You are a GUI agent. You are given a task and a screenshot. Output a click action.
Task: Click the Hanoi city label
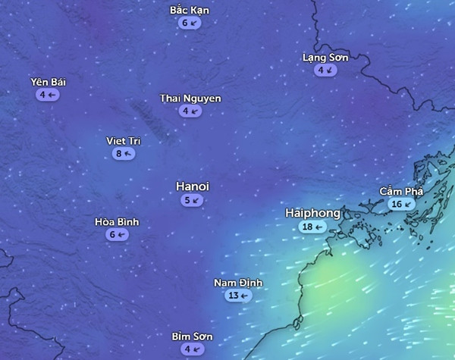[193, 186]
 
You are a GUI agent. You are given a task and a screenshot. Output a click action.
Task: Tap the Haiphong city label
[312, 213]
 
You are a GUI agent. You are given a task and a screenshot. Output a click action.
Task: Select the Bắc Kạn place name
[190, 11]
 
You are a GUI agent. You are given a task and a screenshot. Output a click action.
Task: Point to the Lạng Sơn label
[325, 58]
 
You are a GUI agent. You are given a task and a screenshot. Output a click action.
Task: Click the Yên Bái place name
[48, 82]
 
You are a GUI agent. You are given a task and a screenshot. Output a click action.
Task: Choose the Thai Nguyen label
[190, 99]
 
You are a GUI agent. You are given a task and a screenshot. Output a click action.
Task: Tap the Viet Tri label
[124, 141]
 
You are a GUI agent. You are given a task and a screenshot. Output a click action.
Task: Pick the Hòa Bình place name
[117, 222]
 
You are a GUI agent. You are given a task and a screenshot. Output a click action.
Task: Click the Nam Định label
[238, 283]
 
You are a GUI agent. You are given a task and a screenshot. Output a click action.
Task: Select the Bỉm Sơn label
[192, 337]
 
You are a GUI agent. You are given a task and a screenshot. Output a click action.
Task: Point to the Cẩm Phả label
[401, 192]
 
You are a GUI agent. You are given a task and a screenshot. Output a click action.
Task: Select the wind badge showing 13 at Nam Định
[238, 296]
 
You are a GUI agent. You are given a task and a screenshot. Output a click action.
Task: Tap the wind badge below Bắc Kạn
[190, 23]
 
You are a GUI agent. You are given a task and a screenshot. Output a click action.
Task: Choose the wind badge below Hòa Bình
[117, 235]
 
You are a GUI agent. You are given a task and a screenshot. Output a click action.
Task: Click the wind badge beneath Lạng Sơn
[325, 70]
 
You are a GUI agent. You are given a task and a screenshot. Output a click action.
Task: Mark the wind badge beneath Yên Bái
[48, 95]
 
